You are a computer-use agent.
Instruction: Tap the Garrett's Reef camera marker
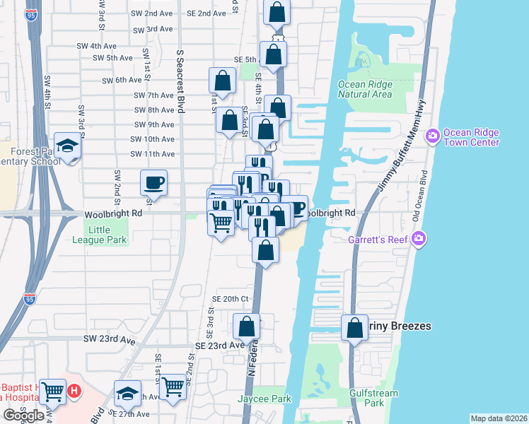[419, 239]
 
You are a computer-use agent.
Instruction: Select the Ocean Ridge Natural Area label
[365, 89]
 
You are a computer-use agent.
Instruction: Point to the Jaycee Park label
[272, 399]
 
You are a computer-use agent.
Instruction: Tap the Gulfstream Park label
[373, 398]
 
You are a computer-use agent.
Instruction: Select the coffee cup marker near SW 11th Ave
[153, 184]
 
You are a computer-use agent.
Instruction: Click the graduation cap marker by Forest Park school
[68, 146]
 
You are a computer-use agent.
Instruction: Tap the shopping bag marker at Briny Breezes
[354, 328]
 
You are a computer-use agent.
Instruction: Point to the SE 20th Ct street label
[231, 299]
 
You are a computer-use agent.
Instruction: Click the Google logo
[23, 416]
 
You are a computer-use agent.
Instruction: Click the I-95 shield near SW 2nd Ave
[30, 14]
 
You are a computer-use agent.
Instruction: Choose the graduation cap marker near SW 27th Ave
[127, 394]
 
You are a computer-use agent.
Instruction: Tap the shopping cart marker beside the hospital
[52, 391]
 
